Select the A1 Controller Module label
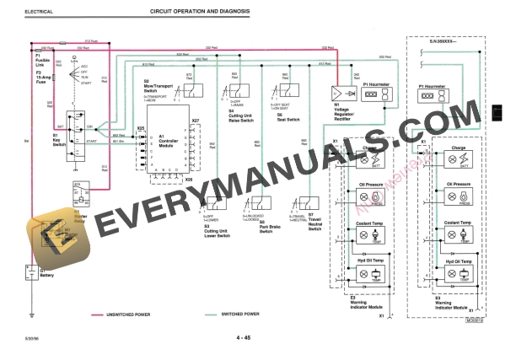coord(168,140)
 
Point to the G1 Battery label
coord(50,272)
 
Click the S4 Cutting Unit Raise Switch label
coord(242,116)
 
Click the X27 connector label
coord(195,121)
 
